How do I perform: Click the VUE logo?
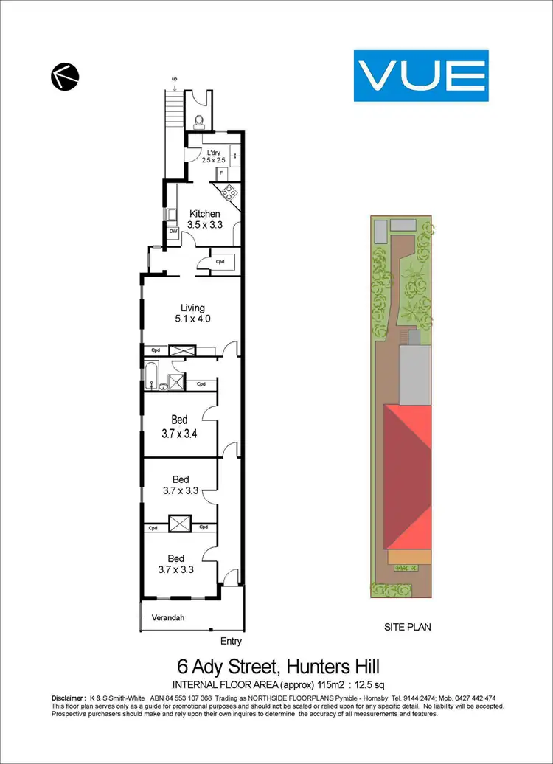(x=421, y=75)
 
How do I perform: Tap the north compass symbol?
(x=64, y=75)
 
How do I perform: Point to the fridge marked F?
(x=220, y=174)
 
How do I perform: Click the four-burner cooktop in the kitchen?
(x=229, y=193)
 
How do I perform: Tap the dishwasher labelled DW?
(x=173, y=231)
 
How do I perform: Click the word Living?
(x=192, y=308)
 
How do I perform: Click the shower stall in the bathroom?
(x=177, y=381)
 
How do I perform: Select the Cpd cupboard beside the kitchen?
(x=220, y=262)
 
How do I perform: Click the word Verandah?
(x=167, y=617)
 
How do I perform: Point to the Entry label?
(x=230, y=642)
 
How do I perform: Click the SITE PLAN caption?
(x=408, y=627)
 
